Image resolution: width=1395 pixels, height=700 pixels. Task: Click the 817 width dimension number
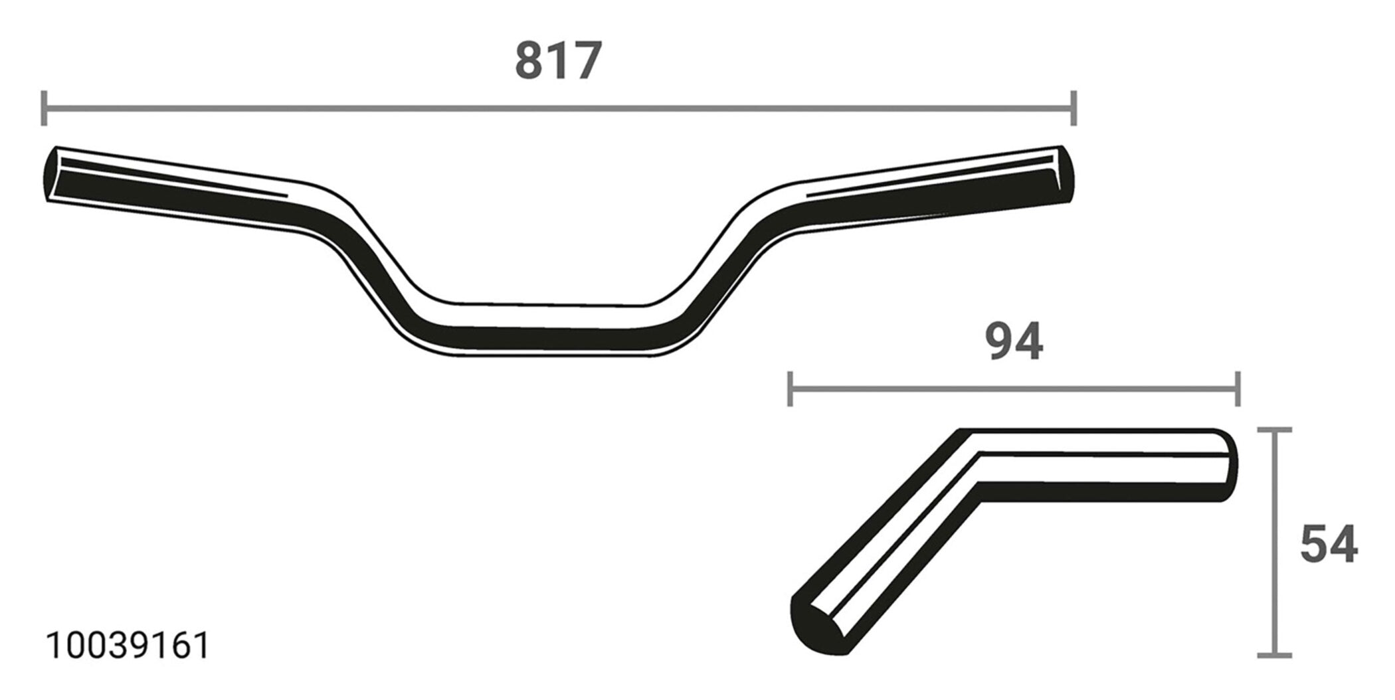pos(558,61)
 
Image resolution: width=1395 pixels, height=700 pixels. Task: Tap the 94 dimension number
pos(1014,342)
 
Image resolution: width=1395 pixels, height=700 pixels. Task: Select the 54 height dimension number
pos(1329,544)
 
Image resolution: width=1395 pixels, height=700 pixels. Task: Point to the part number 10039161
pos(128,646)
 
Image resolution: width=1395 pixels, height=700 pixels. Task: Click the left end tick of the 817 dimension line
pos(44,108)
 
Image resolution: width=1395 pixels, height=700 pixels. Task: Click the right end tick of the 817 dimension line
pos(1073,108)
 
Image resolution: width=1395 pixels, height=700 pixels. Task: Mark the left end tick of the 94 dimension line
pos(789,389)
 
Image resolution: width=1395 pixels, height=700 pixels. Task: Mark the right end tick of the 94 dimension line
pos(1238,389)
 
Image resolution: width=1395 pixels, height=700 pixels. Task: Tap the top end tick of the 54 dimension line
pos(1275,430)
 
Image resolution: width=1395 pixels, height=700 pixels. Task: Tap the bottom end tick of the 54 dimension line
pos(1275,656)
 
